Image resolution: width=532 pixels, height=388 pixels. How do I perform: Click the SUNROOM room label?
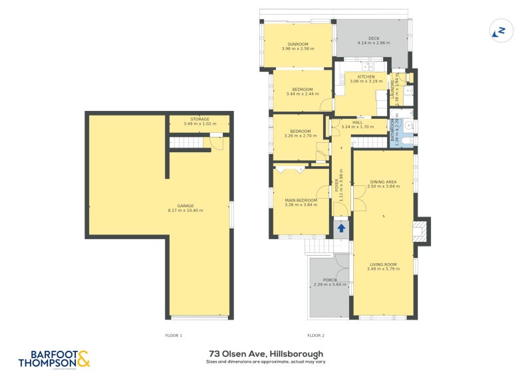click(297, 44)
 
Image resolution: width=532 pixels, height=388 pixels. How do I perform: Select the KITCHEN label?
click(366, 76)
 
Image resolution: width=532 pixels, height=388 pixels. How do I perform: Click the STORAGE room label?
click(199, 119)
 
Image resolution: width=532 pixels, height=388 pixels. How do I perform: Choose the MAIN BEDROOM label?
click(301, 200)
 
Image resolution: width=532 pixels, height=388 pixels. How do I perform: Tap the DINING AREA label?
click(383, 181)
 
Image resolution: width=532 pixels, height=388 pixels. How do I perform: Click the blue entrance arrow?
click(341, 228)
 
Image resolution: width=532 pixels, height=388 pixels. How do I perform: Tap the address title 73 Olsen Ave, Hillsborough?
click(266, 353)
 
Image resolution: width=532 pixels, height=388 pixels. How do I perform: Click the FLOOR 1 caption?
click(173, 336)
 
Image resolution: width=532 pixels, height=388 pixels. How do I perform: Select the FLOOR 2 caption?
click(315, 336)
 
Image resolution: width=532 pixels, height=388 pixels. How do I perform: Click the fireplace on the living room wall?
click(420, 230)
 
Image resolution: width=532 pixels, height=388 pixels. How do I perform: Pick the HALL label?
click(357, 122)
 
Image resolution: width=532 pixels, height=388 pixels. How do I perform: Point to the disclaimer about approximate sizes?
click(266, 362)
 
